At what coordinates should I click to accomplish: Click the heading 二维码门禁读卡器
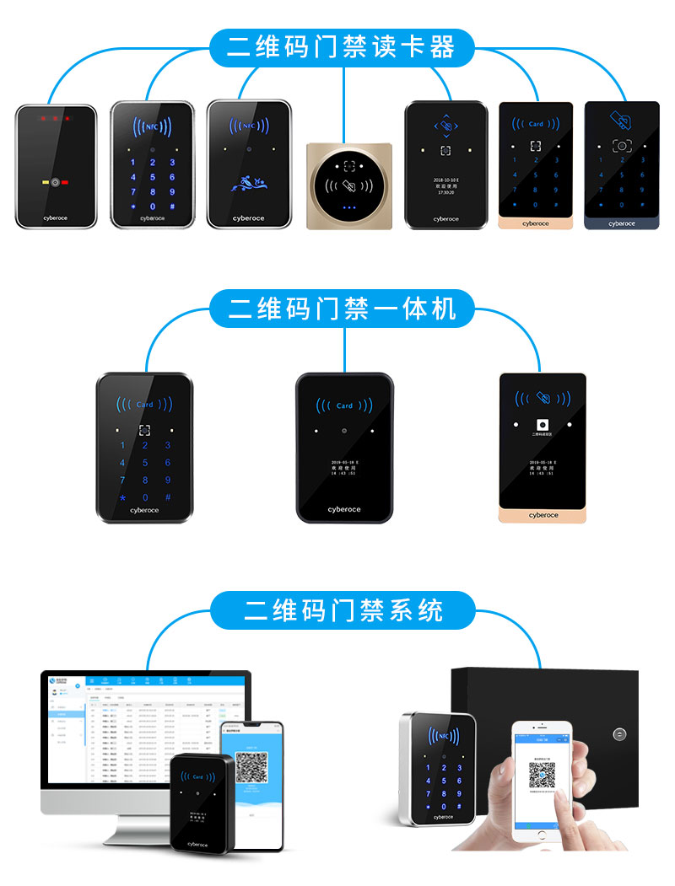[342, 47]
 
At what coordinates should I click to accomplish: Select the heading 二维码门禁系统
[342, 609]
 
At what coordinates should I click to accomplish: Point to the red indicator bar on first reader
[64, 182]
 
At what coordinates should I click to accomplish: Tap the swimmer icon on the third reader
[248, 182]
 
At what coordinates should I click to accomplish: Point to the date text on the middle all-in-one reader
[343, 463]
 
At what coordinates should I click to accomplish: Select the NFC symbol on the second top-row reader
[153, 127]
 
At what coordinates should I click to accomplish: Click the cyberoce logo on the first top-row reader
[56, 218]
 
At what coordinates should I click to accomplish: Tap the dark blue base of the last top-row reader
[621, 223]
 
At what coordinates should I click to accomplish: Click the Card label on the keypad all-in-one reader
[145, 405]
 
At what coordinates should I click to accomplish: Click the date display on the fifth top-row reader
[445, 180]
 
